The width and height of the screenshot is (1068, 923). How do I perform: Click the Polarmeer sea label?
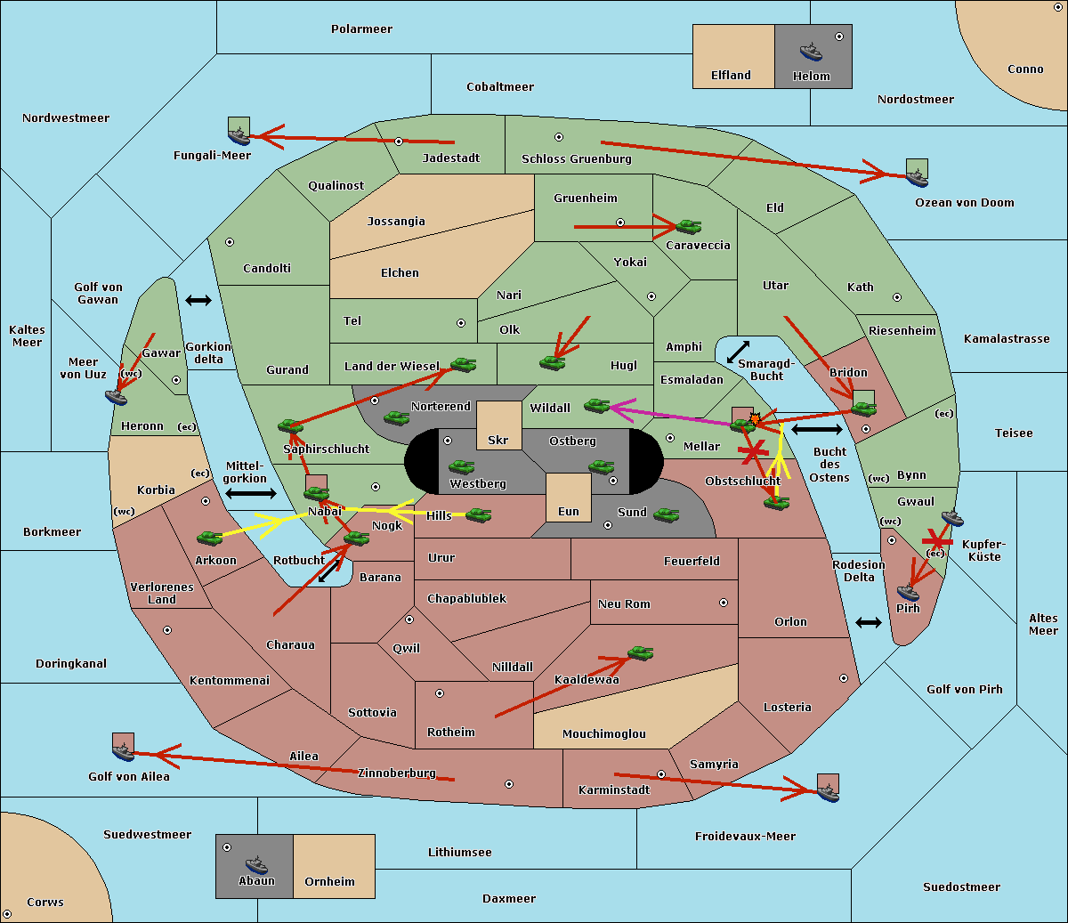point(361,29)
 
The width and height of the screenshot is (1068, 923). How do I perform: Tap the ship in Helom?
point(811,52)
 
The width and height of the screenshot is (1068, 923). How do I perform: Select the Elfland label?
point(731,76)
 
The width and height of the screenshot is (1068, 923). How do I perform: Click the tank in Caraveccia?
point(688,227)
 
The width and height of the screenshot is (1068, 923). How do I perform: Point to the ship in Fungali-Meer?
point(239,135)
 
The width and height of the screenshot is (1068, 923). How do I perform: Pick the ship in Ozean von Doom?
point(916,176)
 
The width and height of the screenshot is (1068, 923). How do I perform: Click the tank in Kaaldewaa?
point(640,653)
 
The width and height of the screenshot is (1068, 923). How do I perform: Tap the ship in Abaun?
point(256,864)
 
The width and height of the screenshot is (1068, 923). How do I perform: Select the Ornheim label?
point(329,882)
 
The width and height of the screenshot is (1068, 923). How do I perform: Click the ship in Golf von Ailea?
point(123,752)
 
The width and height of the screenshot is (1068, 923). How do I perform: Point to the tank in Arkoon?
point(209,538)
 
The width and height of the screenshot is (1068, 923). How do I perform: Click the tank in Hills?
point(479,514)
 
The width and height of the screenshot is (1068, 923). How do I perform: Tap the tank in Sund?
point(667,514)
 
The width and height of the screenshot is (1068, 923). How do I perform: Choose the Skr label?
point(498,441)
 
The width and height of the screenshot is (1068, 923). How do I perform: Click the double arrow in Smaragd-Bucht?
point(738,352)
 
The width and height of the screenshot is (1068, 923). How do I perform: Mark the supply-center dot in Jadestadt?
point(399,142)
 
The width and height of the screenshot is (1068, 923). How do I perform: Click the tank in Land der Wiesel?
point(463,364)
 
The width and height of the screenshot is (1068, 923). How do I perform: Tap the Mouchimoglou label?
point(603,734)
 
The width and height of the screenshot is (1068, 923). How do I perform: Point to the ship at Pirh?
point(908,592)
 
